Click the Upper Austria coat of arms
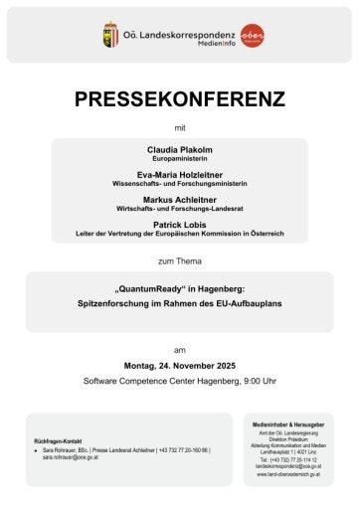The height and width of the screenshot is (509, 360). click(110, 34)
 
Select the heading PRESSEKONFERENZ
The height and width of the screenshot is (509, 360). click(180, 99)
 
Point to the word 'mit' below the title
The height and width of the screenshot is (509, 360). click(180, 128)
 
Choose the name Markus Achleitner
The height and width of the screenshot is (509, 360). click(179, 199)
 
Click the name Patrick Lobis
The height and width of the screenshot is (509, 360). click(179, 225)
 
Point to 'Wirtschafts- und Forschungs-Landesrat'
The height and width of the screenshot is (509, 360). click(179, 209)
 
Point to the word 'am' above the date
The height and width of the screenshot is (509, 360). click(180, 350)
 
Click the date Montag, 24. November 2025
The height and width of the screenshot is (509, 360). click(180, 366)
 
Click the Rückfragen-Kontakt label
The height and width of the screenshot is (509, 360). click(57, 439)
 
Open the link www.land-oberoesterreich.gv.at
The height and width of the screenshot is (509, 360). click(288, 475)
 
